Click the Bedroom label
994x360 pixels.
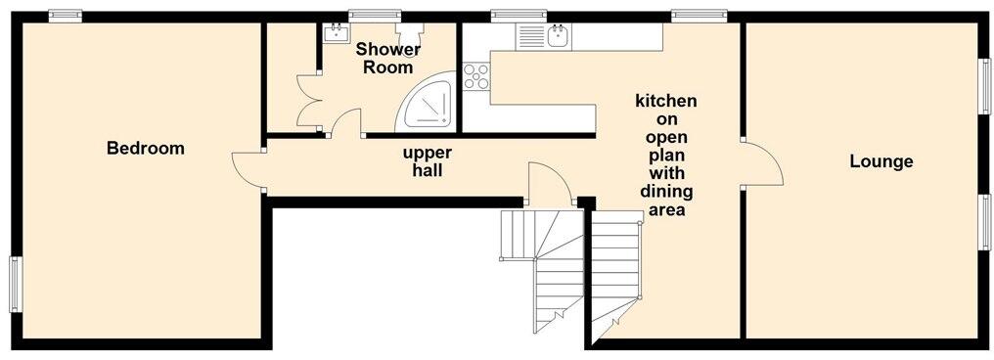[x=146, y=149]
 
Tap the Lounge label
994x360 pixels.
[x=881, y=161]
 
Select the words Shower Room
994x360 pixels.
[x=388, y=59]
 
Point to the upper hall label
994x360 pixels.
[x=428, y=161]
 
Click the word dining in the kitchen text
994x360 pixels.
[x=665, y=192]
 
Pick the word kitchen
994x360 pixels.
[x=665, y=101]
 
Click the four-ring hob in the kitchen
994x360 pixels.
[x=475, y=75]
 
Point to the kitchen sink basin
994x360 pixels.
[x=560, y=37]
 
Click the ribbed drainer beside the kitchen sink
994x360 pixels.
[x=531, y=37]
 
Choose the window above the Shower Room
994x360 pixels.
[x=376, y=14]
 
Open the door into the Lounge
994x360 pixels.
[x=761, y=162]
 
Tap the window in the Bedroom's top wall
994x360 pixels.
[x=66, y=14]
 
